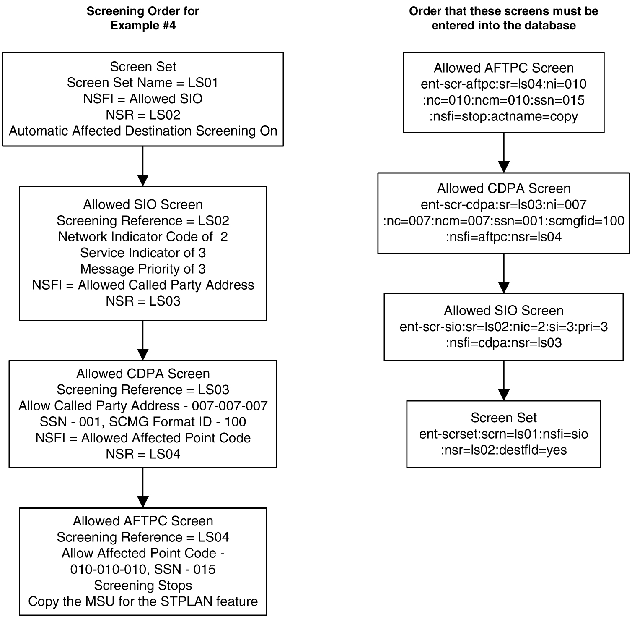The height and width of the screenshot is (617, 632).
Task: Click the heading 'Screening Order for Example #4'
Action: coord(143,18)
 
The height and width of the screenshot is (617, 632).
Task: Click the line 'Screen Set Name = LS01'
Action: coord(143,83)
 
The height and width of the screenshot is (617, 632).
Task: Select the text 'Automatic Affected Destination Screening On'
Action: coord(143,131)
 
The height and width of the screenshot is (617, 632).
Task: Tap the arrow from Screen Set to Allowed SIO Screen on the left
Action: coord(143,166)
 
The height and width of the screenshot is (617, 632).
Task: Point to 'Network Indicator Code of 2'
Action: coord(143,237)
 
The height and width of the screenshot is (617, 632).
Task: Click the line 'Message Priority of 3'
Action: coord(143,269)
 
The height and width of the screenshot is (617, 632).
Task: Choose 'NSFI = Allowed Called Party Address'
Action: coord(143,285)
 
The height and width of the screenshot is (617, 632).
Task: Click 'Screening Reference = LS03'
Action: coord(143,390)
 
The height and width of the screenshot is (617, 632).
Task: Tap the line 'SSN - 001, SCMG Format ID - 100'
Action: coord(143,422)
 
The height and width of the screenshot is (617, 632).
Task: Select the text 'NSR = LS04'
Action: coord(143,454)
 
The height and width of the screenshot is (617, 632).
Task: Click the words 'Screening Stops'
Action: coord(143,586)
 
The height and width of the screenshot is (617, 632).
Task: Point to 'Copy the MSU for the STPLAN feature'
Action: coord(143,601)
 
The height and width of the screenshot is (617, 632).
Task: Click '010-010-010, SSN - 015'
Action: coord(143,570)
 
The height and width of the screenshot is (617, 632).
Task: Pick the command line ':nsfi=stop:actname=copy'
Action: coord(503,116)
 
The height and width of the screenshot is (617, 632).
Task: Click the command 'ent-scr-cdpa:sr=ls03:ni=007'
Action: coord(503,205)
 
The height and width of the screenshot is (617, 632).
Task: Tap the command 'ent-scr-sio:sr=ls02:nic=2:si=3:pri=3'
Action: coord(503,327)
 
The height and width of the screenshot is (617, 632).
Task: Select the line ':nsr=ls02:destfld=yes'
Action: coord(503,450)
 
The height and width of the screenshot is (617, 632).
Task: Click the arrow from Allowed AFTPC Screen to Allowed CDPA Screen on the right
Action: coord(503,153)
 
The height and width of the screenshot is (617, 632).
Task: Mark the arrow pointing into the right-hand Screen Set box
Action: coord(503,381)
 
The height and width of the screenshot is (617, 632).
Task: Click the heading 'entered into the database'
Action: coord(503,26)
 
